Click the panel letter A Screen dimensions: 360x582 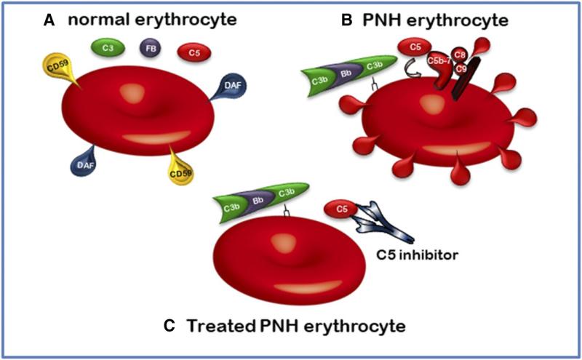(49, 21)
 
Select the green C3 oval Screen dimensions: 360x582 (107, 49)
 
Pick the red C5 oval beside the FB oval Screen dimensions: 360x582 (195, 52)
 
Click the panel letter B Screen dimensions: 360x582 (348, 21)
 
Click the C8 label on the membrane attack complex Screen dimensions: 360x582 (460, 52)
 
